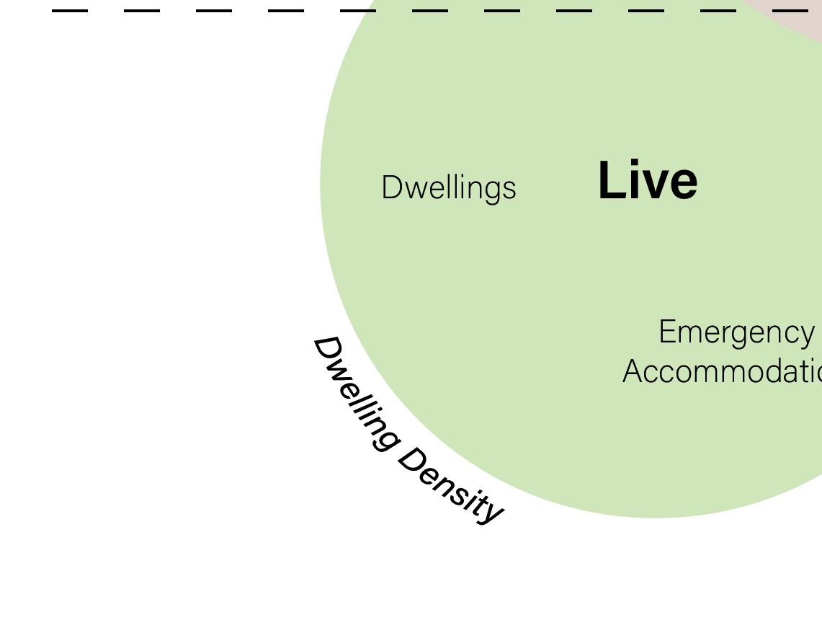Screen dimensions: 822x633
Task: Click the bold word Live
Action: click(x=647, y=180)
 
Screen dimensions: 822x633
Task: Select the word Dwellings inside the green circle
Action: click(x=448, y=188)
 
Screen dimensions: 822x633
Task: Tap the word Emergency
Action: click(x=736, y=332)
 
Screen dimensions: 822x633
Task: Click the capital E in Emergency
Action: click(x=668, y=332)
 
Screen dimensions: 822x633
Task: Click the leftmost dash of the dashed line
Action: click(x=70, y=11)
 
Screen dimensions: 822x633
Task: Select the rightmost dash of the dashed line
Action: click(x=790, y=11)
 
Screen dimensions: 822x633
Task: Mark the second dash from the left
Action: click(x=142, y=11)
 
